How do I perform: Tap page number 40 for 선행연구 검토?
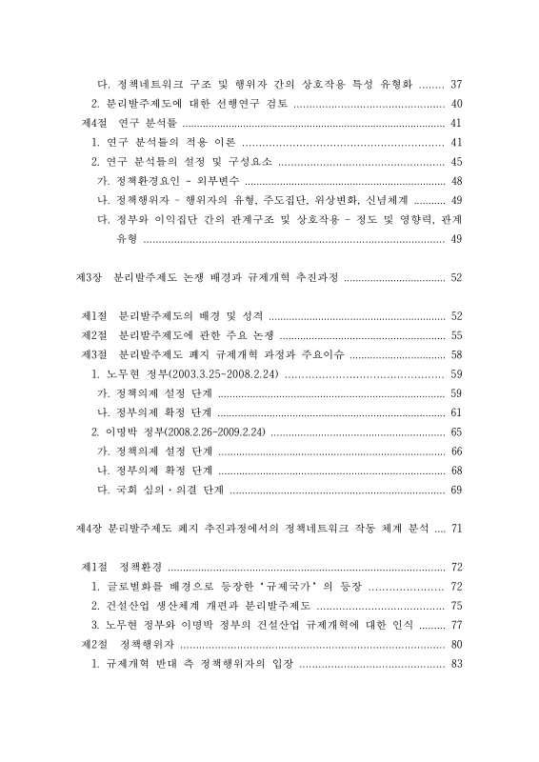click(456, 104)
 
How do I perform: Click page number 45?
click(456, 161)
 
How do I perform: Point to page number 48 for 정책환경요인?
click(456, 181)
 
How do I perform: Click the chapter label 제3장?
click(89, 278)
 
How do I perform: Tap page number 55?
click(456, 335)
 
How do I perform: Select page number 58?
click(456, 354)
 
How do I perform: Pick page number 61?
click(456, 412)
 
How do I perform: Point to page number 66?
click(456, 451)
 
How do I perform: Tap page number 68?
click(456, 471)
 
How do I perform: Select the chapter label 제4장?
click(89, 528)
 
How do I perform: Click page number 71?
click(456, 528)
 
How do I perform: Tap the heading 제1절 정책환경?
click(121, 567)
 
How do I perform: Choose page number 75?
click(456, 605)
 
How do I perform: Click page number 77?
click(456, 625)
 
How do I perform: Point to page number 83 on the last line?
click(456, 663)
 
